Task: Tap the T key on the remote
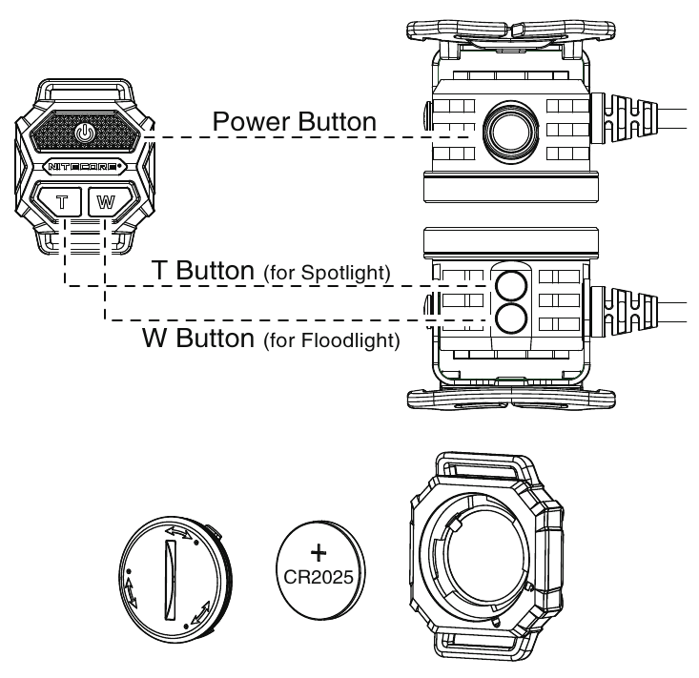point(63,201)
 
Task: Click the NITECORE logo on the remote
point(85,166)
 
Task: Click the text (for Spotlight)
point(326,274)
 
